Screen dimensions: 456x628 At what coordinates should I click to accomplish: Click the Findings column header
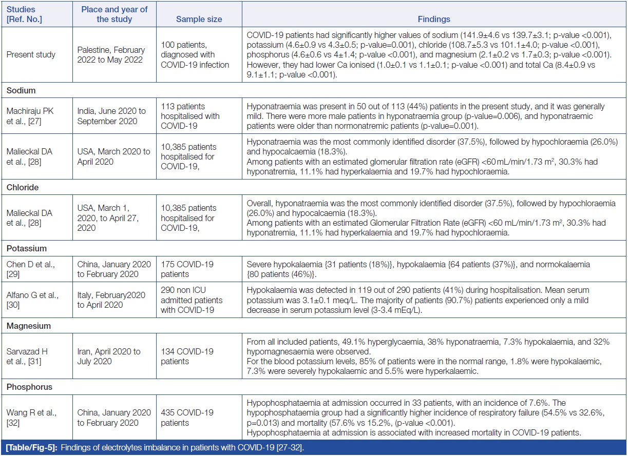tap(433, 19)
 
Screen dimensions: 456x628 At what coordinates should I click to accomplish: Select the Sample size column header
tap(199, 19)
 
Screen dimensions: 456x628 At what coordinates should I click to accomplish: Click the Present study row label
tap(31, 54)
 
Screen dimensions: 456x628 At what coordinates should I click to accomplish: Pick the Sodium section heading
tap(21, 90)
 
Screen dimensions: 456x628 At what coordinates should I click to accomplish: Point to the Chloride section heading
tap(23, 187)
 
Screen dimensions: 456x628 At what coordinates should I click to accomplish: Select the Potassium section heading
tap(26, 248)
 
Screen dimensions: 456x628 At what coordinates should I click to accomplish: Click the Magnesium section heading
tap(28, 325)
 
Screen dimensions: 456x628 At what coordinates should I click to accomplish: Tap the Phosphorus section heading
tap(29, 387)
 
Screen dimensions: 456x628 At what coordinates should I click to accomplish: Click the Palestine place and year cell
tap(111, 54)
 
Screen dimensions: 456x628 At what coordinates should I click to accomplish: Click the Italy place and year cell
tap(112, 300)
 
